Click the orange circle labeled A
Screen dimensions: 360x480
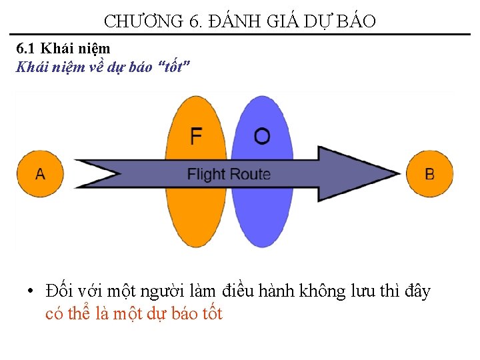click(x=41, y=174)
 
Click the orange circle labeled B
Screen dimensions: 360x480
click(x=429, y=174)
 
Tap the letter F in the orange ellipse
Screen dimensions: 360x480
click(x=196, y=136)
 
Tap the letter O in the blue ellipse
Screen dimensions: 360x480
click(x=262, y=136)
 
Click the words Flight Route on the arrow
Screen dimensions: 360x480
click(x=229, y=175)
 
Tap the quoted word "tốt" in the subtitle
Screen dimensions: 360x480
click(x=175, y=67)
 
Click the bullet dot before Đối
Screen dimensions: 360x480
click(x=31, y=292)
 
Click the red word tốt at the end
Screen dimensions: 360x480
click(x=211, y=314)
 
